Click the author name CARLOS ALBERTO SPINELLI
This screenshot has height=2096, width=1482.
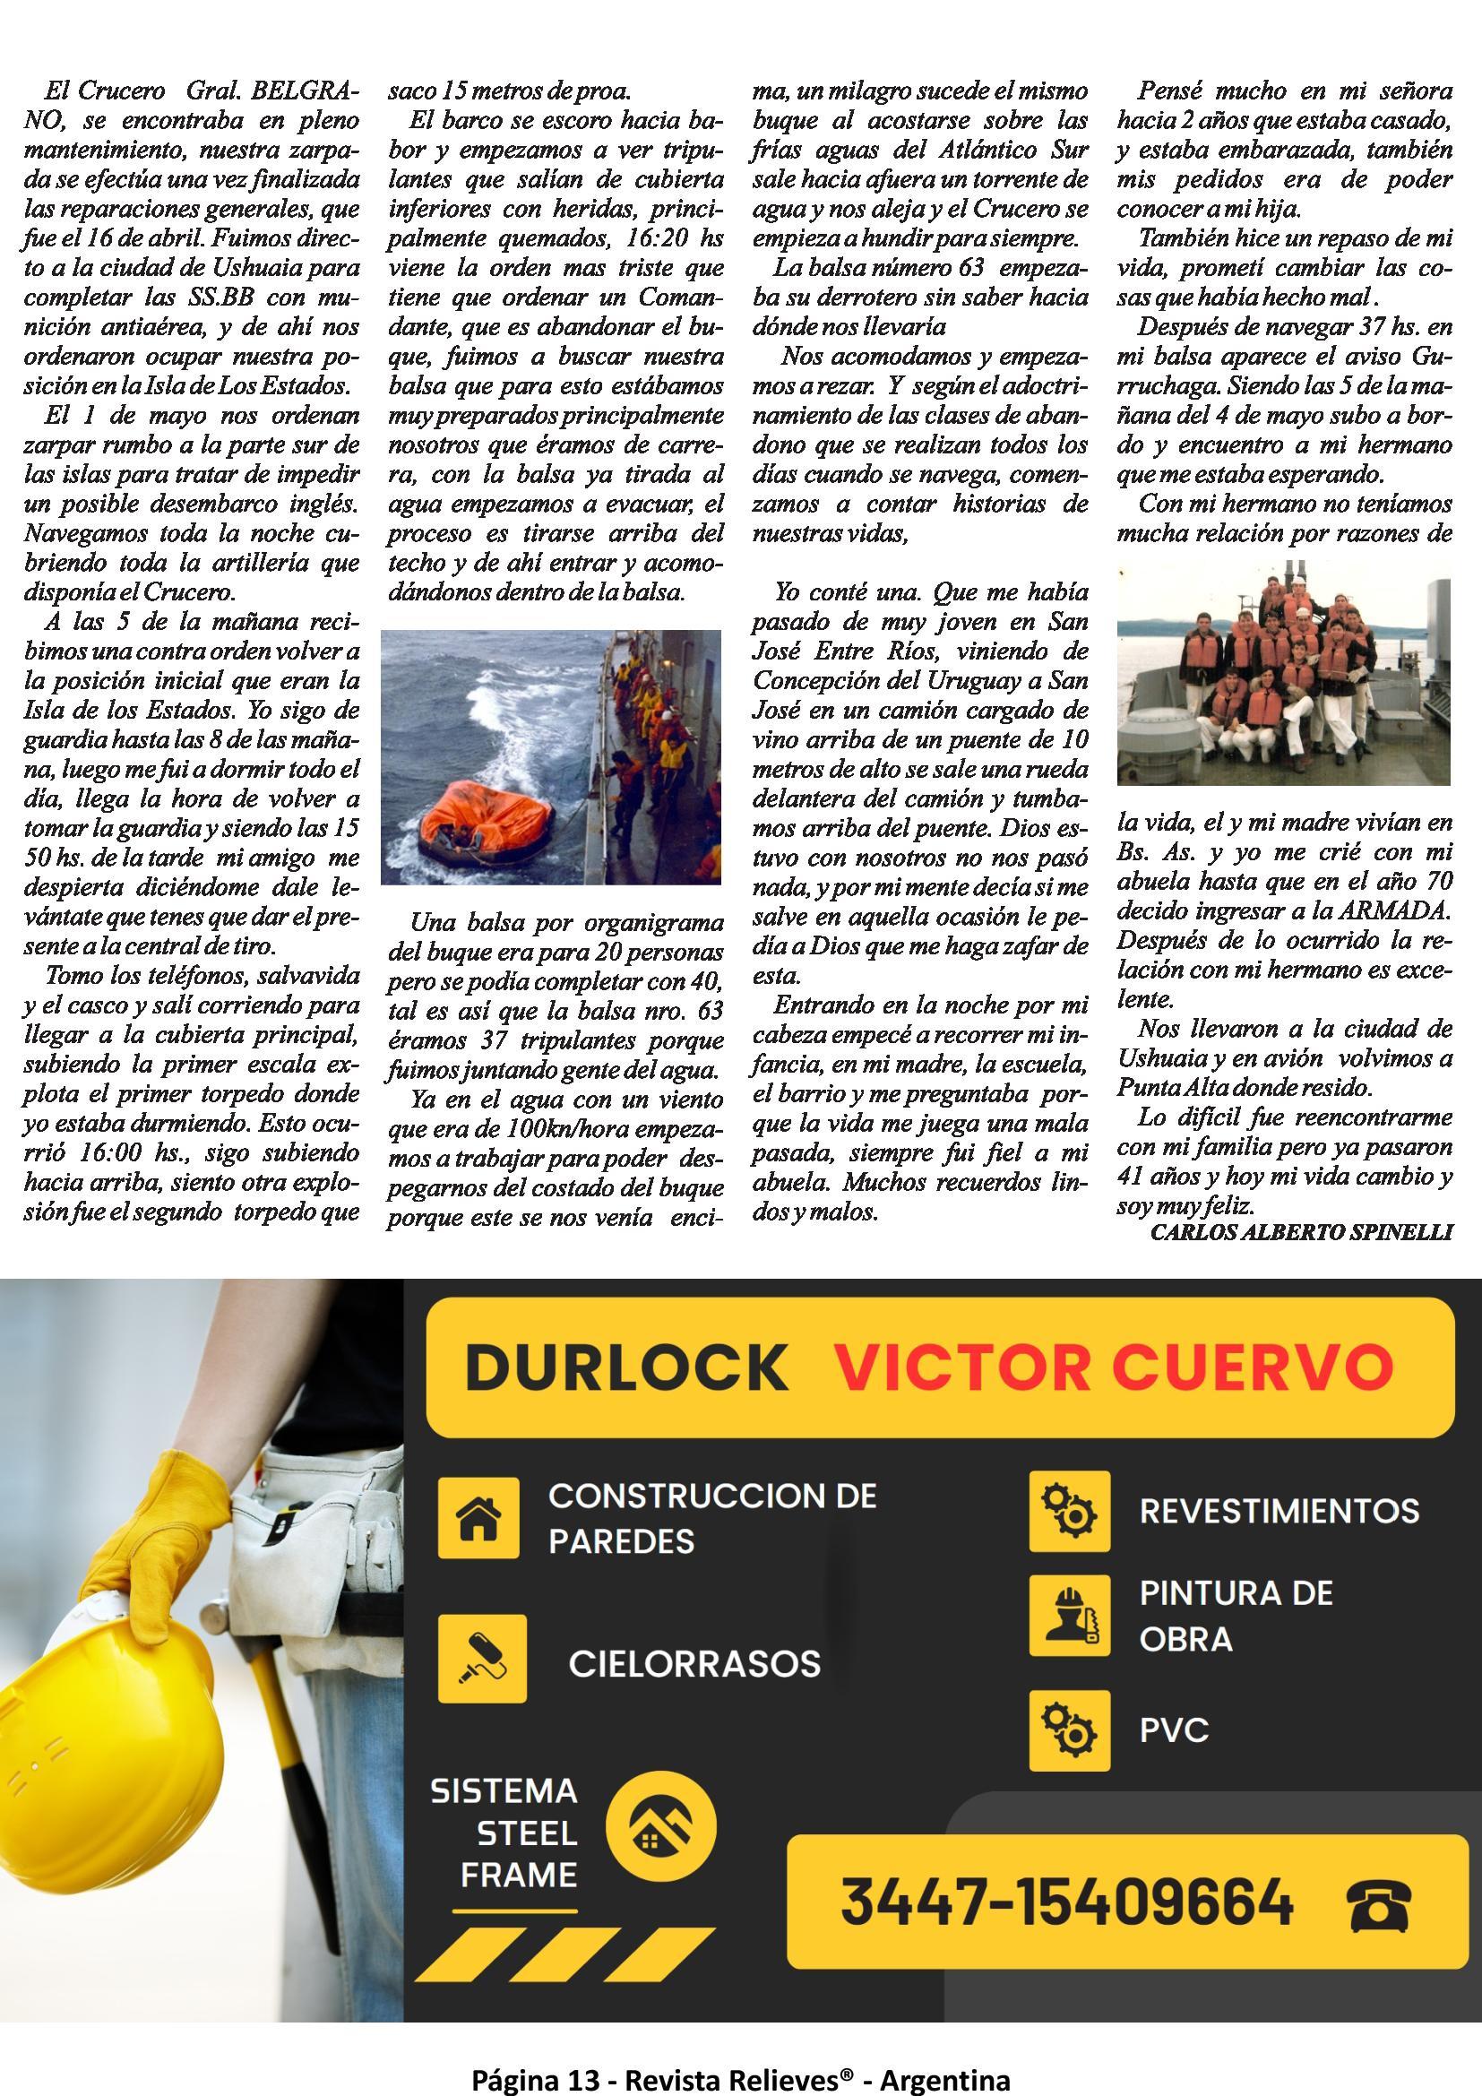point(1300,1232)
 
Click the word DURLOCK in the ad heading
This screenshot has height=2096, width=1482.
point(626,1367)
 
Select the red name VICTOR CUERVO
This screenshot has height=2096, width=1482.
point(1115,1367)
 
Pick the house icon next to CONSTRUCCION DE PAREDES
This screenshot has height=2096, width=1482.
point(478,1517)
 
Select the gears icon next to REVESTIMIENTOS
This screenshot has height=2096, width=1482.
point(1069,1511)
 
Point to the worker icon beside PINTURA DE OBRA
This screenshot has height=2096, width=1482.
point(1069,1615)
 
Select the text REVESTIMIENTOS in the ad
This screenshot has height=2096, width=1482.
point(1279,1512)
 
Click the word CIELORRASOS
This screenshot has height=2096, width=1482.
point(694,1663)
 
